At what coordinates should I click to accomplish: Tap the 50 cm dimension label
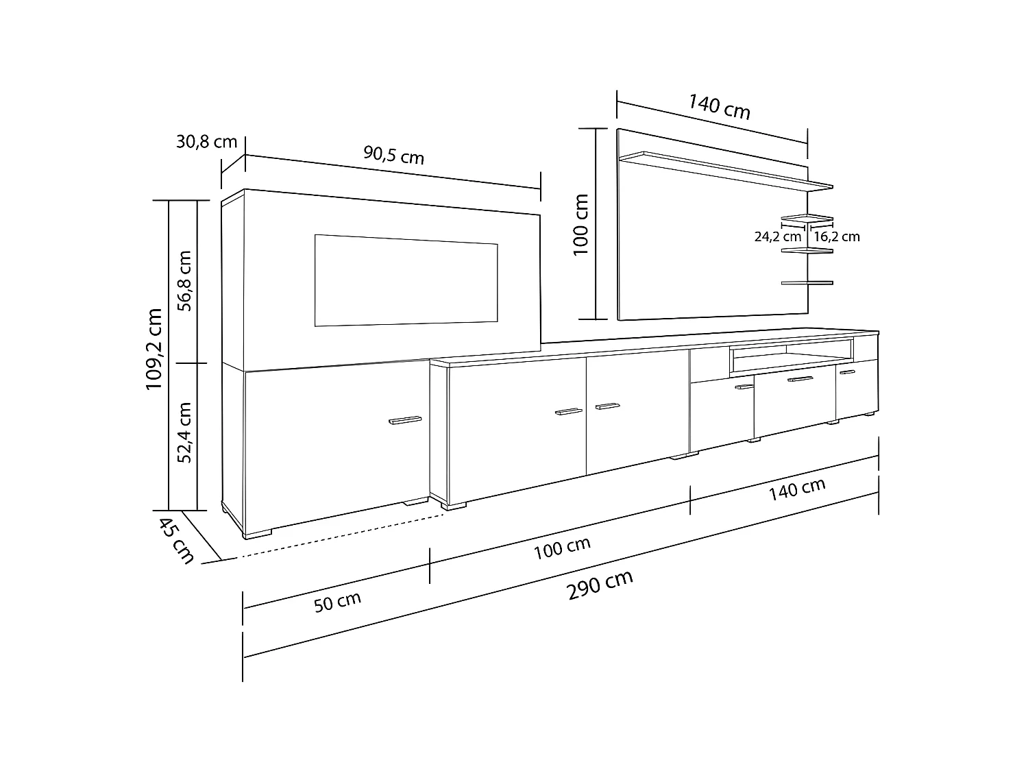click(x=337, y=603)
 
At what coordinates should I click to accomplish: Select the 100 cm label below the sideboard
click(x=562, y=548)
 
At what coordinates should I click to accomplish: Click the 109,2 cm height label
click(x=154, y=350)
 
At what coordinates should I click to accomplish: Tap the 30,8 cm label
click(x=206, y=142)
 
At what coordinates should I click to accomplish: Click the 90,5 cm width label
click(x=393, y=156)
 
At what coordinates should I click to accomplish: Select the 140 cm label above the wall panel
click(x=720, y=108)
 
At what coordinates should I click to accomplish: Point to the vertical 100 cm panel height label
click(x=581, y=224)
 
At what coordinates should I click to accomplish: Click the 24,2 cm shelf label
click(x=777, y=237)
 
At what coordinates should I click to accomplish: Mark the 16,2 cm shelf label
click(x=836, y=237)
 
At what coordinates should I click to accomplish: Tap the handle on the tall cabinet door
click(x=405, y=420)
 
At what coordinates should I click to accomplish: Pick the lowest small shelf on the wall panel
click(x=807, y=282)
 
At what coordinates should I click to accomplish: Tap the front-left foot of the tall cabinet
click(x=258, y=533)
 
